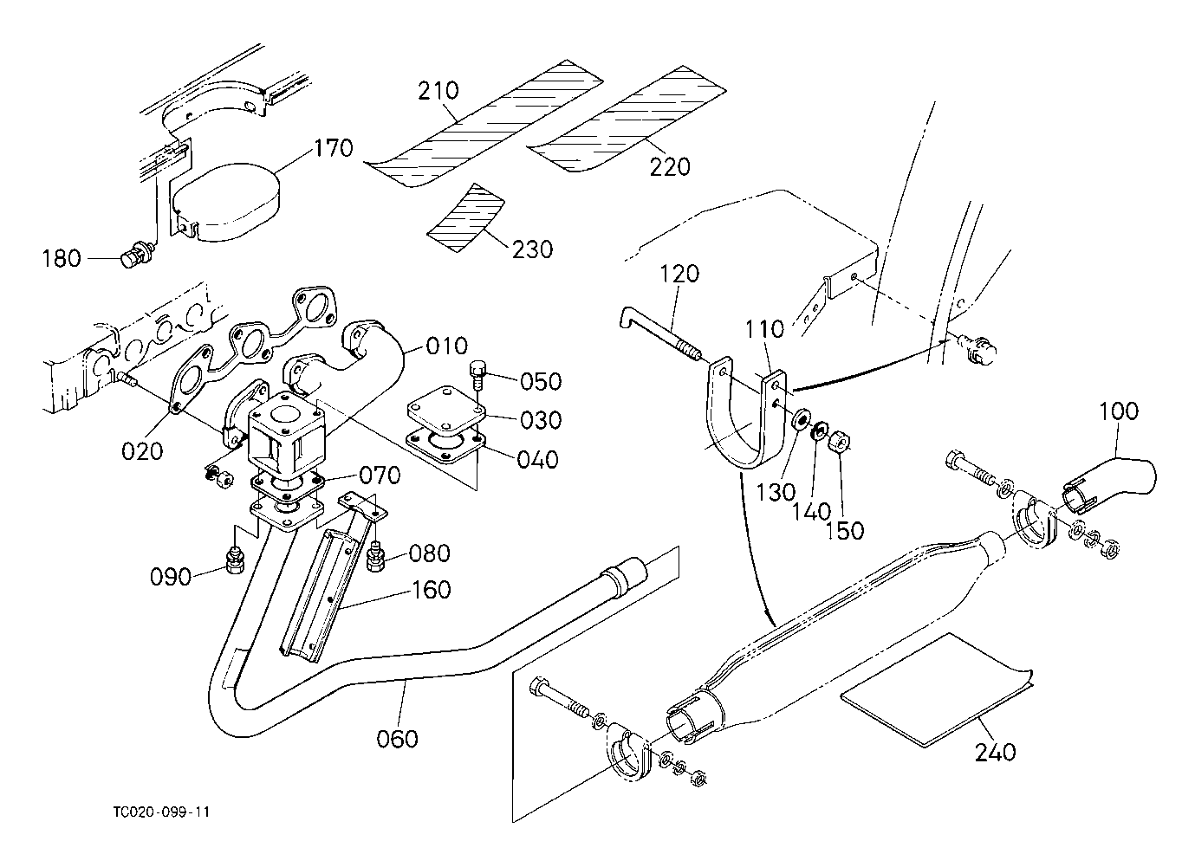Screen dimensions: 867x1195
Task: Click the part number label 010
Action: [446, 347]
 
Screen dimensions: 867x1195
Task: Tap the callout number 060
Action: [398, 739]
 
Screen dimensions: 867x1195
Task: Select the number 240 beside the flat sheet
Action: [995, 753]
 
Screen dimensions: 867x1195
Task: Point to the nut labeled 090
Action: [234, 560]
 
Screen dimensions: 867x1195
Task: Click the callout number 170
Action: [334, 148]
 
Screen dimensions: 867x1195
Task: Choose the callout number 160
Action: [432, 590]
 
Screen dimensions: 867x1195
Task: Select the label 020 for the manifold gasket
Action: [142, 450]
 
